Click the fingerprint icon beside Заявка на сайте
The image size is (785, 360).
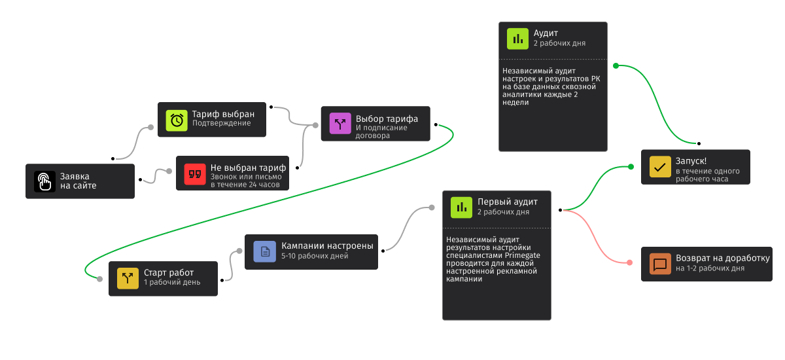(44, 181)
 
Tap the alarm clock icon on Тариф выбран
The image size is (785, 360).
(177, 120)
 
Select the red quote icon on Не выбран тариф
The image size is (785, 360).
(195, 173)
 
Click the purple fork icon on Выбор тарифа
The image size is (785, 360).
(340, 123)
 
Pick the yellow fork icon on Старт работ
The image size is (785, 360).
(128, 278)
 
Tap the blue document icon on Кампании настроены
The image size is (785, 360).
(264, 251)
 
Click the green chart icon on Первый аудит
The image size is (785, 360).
(462, 207)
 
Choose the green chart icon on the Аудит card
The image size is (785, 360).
(518, 39)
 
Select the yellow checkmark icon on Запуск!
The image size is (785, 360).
(660, 167)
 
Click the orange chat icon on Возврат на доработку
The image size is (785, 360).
(660, 264)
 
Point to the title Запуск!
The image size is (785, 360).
(691, 161)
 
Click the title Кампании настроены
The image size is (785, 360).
(327, 246)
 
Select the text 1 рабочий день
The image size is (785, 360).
(172, 282)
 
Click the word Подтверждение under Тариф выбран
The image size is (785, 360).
(221, 123)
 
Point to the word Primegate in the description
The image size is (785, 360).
(523, 255)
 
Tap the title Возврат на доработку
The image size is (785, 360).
(723, 259)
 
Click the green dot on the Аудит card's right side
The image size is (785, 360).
(616, 65)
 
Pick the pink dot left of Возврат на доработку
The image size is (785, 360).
(629, 262)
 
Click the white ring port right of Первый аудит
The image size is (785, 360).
(560, 210)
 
